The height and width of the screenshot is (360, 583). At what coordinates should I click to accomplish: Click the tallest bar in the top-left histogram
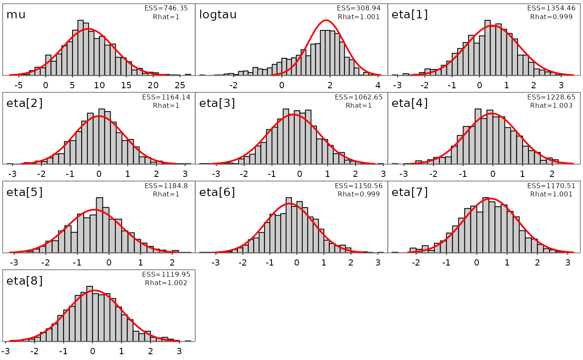(80, 48)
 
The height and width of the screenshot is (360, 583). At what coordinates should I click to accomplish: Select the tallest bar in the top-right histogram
(487, 48)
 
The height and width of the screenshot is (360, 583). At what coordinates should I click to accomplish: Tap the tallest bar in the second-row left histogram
(102, 137)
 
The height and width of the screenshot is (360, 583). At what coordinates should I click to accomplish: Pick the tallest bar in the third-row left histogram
(100, 225)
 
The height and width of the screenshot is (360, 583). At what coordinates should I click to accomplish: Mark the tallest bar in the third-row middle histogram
(289, 225)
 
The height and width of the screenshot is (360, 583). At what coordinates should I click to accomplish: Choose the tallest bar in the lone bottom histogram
(90, 314)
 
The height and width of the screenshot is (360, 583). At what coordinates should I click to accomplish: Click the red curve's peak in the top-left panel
(88, 29)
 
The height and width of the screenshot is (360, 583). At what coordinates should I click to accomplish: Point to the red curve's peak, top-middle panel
(326, 20)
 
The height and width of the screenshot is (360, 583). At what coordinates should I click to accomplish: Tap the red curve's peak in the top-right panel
(493, 26)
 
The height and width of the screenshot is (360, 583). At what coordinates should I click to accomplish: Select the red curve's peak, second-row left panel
(99, 116)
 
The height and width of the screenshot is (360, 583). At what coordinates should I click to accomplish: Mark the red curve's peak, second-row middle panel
(293, 114)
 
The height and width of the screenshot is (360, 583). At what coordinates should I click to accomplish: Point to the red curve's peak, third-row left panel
(94, 209)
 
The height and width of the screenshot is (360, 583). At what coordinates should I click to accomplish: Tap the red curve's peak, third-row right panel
(491, 199)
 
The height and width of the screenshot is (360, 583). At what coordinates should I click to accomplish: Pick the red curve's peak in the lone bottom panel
(94, 290)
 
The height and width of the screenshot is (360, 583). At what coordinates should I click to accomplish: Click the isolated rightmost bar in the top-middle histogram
(366, 74)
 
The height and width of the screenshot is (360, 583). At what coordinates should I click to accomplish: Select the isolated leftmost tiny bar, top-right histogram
(406, 74)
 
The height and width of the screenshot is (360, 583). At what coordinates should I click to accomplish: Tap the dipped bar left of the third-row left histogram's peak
(74, 242)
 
